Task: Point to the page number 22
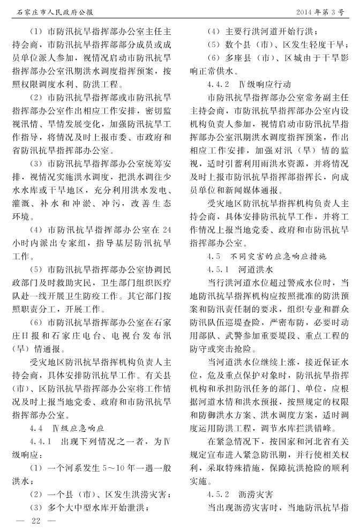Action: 36,520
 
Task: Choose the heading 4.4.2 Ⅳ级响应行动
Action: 246,84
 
